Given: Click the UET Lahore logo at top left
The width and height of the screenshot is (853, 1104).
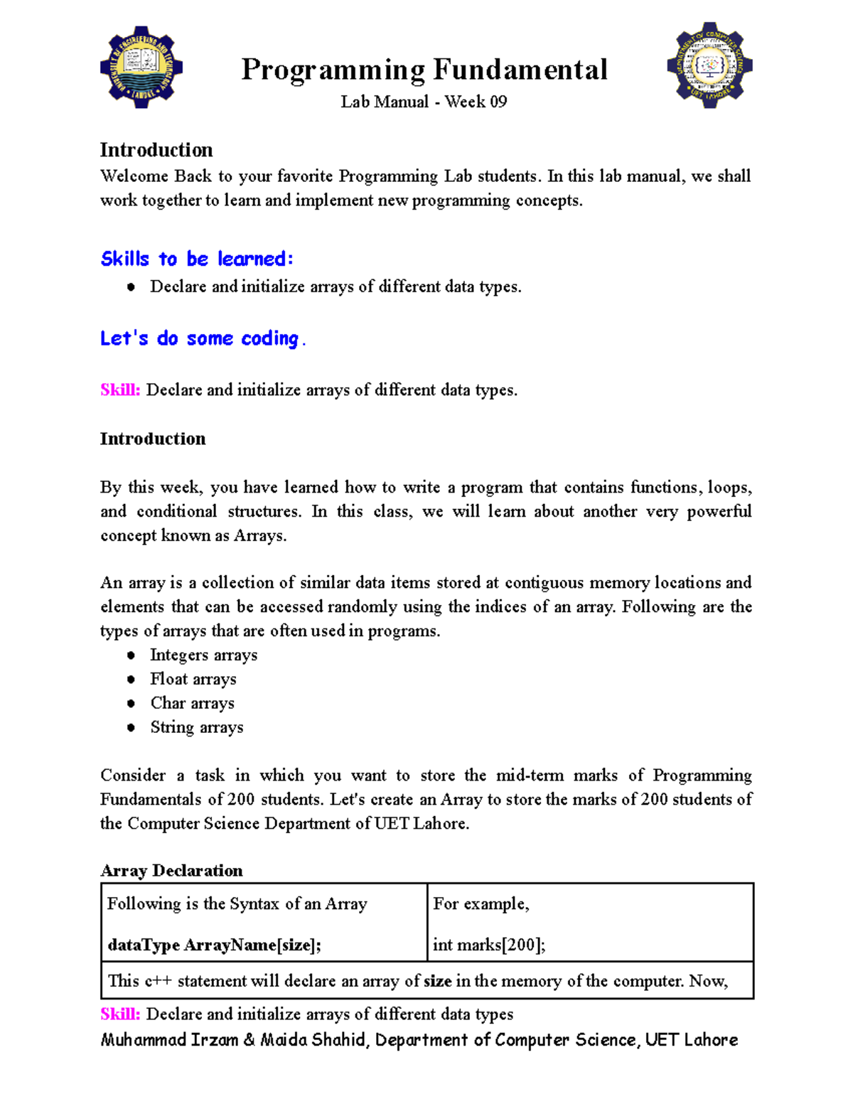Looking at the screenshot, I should click(x=141, y=68).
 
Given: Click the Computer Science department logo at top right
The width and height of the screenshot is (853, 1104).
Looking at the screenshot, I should click(x=709, y=65).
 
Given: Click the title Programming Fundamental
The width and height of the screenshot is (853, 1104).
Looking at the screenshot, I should click(x=424, y=70).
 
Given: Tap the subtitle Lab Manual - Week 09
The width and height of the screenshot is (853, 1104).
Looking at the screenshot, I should click(x=424, y=102).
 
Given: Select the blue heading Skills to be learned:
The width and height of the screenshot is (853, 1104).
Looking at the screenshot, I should click(x=197, y=259).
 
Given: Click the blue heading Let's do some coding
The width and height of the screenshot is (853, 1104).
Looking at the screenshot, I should click(x=203, y=338).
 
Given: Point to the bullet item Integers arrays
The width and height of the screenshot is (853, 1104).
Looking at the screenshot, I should click(x=203, y=655).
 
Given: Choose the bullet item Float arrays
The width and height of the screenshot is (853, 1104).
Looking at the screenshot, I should click(x=193, y=679).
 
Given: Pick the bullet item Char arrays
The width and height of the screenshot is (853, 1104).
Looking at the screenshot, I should click(x=192, y=703).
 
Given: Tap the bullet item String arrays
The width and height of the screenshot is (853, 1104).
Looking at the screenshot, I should click(x=196, y=727).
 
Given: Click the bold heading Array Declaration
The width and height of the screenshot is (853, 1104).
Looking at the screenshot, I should click(x=171, y=871).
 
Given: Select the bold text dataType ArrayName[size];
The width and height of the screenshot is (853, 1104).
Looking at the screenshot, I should click(x=214, y=945).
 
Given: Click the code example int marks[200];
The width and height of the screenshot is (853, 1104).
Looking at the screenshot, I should click(x=489, y=945).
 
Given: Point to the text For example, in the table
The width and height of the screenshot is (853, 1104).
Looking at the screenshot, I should click(x=481, y=904).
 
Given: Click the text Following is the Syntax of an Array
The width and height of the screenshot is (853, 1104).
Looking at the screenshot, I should click(x=237, y=904).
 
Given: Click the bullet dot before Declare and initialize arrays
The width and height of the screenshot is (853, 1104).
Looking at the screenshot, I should click(x=131, y=287).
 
